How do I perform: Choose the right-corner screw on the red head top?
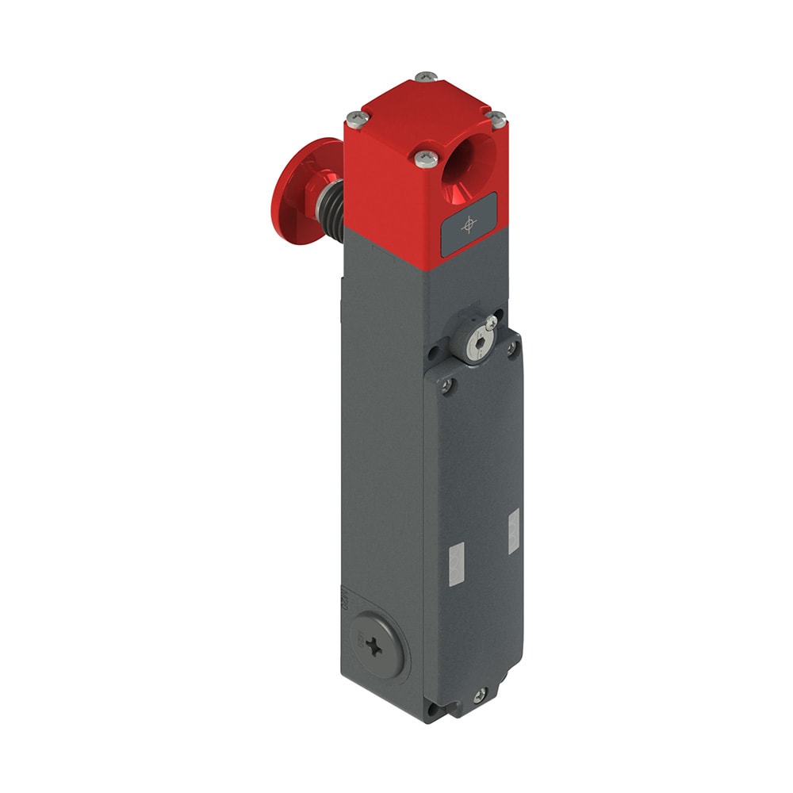[497, 118]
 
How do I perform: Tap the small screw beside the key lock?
[492, 321]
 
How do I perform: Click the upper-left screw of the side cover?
[448, 385]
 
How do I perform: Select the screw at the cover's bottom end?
[480, 696]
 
